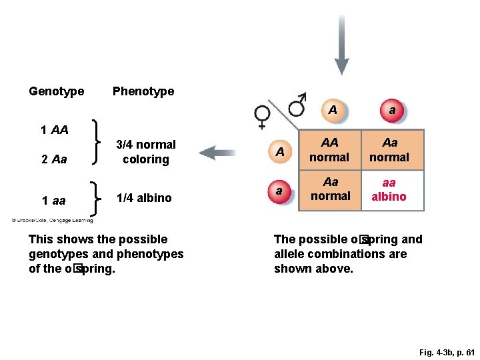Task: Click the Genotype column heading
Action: pos(57,91)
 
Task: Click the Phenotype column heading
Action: pos(143,91)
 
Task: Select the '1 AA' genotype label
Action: pos(55,130)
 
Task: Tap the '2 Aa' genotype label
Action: pos(54,160)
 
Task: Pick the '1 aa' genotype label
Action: pos(53,201)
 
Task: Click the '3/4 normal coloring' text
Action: pos(146,152)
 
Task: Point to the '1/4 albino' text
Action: pos(144,198)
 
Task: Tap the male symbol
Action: pos(298,104)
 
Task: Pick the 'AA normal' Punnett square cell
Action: pos(329,150)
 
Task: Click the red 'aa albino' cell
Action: pos(389,190)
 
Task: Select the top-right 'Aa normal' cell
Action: pos(389,150)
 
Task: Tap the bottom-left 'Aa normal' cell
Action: pos(329,189)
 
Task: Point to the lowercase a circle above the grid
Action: pos(392,111)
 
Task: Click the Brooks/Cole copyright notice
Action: pos(52,221)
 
